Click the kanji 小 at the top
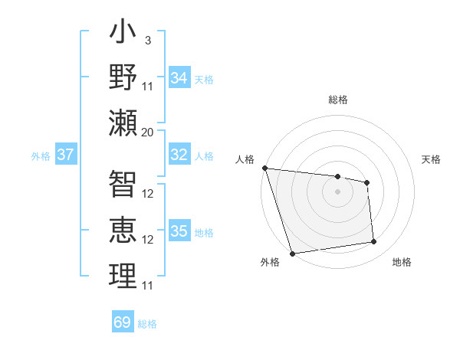123,34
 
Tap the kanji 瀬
123,123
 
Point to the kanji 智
123,184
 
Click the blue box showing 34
179,78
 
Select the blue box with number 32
179,155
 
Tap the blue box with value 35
179,231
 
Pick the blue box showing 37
66,155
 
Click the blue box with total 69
123,322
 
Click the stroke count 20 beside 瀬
148,132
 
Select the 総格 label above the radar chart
337,100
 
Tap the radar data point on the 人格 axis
264,168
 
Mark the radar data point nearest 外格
292,254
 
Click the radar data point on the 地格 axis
374,242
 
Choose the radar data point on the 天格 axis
367,182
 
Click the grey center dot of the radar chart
337,191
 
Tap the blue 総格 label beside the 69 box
147,324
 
